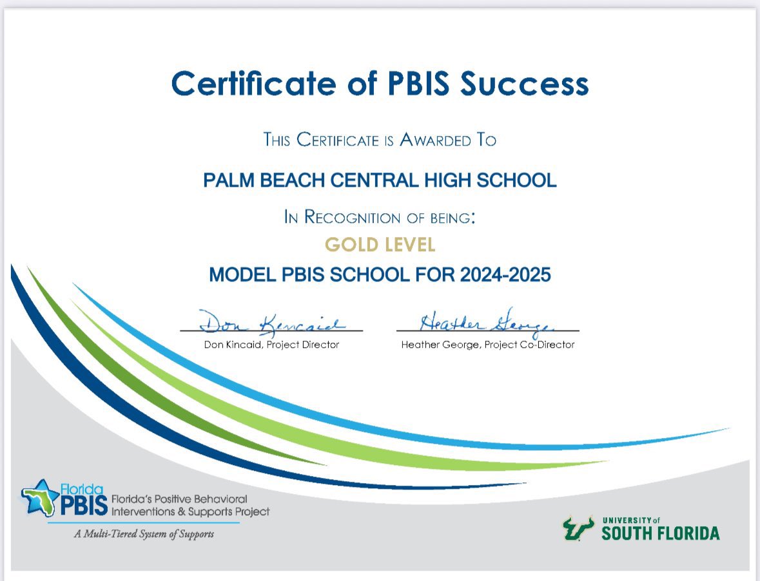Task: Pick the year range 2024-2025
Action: click(505, 275)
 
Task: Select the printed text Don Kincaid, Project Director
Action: click(271, 345)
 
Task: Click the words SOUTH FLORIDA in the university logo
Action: click(661, 533)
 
